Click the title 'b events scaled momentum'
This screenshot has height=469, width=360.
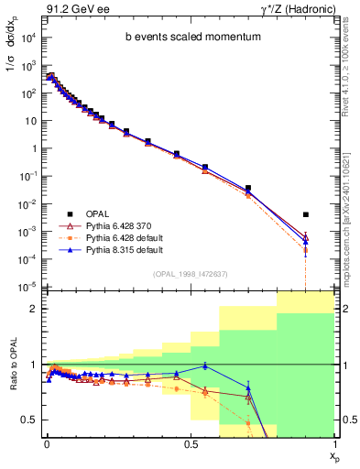(187, 38)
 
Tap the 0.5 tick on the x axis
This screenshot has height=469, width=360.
(190, 443)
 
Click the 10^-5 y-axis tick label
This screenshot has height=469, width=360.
(27, 288)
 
